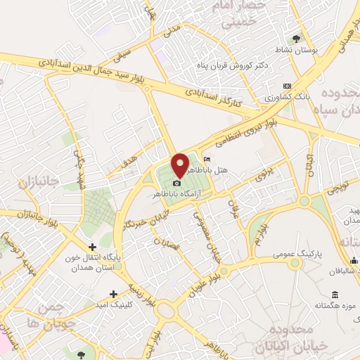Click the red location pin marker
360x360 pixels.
point(180,165)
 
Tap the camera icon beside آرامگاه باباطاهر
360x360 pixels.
point(176,184)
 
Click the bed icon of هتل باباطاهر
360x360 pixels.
point(205,160)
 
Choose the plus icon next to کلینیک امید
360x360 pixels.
point(113,294)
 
